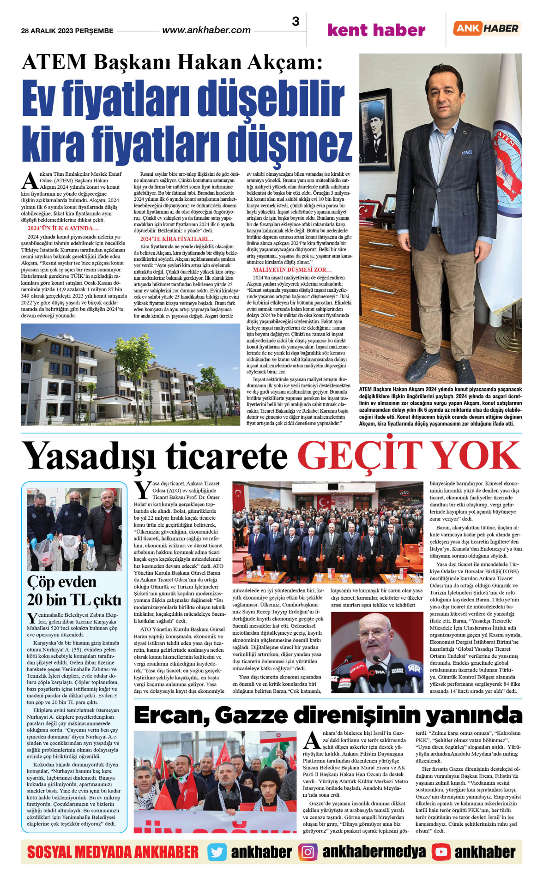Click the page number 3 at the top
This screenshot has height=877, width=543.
click(296, 21)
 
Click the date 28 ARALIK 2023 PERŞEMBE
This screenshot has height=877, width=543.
click(67, 31)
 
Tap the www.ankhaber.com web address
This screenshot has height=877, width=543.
click(206, 30)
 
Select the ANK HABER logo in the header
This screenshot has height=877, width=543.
click(487, 28)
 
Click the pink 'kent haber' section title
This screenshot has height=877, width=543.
click(376, 30)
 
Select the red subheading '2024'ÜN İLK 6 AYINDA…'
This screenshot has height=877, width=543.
click(63, 228)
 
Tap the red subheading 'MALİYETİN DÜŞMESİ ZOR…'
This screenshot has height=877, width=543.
click(292, 270)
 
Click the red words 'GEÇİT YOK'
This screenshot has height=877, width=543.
click(409, 456)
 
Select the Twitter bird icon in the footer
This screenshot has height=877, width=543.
click(217, 852)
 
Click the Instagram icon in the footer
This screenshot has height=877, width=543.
click(308, 852)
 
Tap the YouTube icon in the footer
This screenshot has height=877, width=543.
click(441, 852)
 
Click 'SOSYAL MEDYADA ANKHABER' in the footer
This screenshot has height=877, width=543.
click(113, 852)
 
